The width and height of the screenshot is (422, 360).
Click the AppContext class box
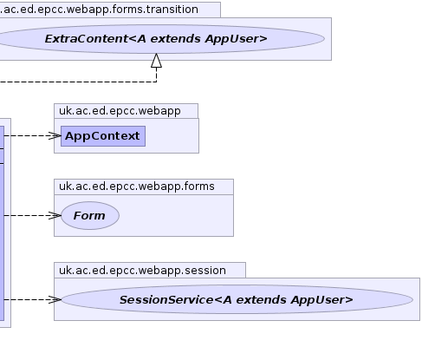[103, 136]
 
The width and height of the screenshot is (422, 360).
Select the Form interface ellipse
[90, 216]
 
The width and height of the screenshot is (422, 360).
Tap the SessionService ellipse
[237, 299]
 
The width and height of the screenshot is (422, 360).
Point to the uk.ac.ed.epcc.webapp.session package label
[142, 271]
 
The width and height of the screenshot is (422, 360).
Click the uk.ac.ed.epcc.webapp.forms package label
[137, 187]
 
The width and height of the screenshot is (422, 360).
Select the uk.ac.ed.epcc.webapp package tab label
[120, 111]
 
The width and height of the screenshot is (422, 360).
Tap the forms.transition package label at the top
[99, 10]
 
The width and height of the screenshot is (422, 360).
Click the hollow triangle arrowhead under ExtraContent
[157, 61]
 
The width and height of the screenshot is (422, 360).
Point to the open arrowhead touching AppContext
[55, 136]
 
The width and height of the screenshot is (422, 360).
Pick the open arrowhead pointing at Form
[55, 216]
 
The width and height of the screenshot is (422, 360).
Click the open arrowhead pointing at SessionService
[55, 299]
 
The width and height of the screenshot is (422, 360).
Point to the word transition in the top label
[172, 10]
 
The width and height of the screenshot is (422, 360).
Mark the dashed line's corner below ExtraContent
[157, 82]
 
